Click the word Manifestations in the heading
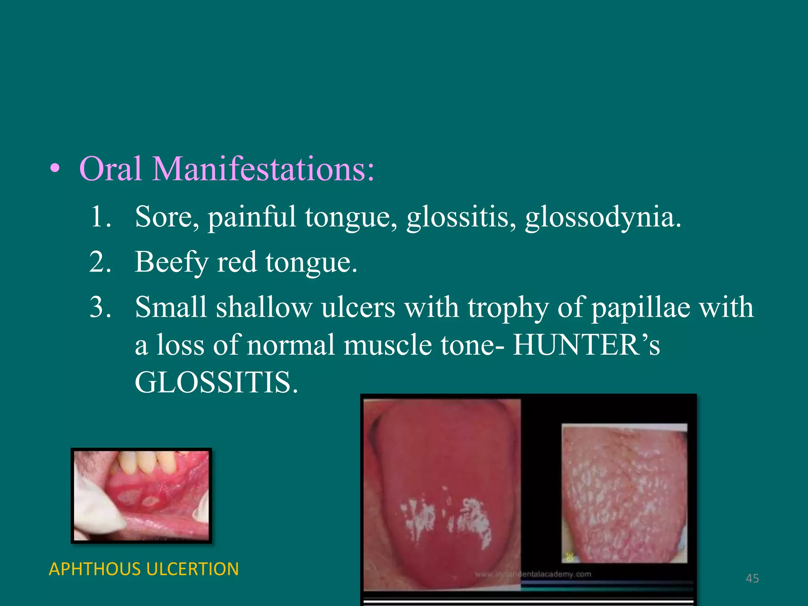point(264,169)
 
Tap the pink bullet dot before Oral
point(56,169)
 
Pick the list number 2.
point(100,262)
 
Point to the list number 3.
point(100,307)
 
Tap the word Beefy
point(171,263)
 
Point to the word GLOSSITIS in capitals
point(216,382)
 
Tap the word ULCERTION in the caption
point(192,569)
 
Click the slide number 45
point(752,578)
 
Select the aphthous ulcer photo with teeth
point(141,496)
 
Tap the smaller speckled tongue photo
point(624,493)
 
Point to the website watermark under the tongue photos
point(533,574)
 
